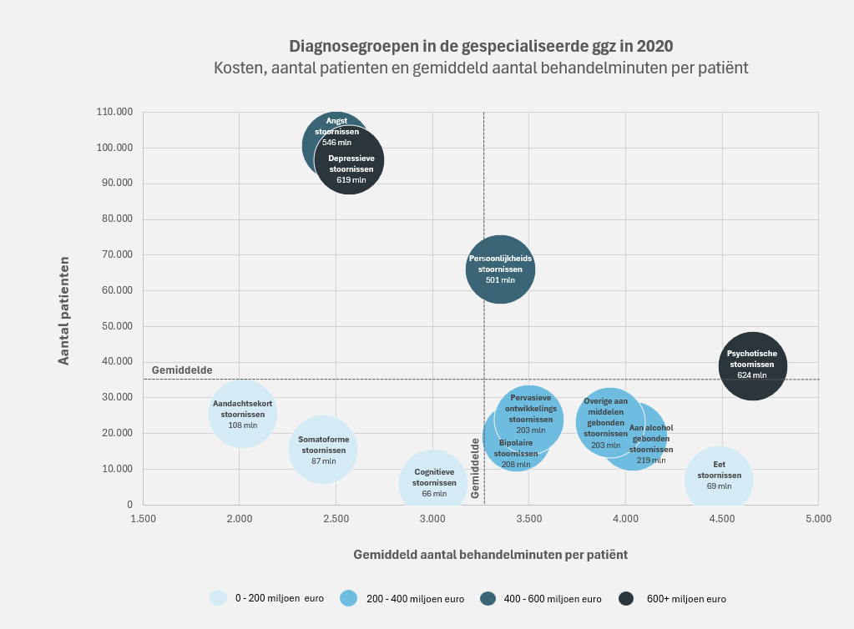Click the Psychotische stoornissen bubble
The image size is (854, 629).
pos(753,365)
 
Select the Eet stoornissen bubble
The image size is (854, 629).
pos(719,481)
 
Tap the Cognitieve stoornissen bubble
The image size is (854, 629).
pos(433,483)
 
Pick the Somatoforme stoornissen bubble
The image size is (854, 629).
pos(323,449)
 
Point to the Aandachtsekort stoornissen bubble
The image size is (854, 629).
pos(242,414)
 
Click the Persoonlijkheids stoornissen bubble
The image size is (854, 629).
pos(500,269)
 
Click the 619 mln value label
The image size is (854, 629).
pos(351,180)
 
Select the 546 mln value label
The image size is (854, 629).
pos(336,143)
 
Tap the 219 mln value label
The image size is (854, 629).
pos(651,460)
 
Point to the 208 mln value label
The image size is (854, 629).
pos(516,465)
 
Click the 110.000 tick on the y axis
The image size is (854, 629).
pos(115,112)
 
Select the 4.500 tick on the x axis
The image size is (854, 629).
pos(721,519)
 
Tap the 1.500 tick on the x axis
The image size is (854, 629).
pos(143,519)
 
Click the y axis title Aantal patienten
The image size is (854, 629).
pos(63,310)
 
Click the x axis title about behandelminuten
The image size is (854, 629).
pos(490,554)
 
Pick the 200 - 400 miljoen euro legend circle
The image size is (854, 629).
pos(349,598)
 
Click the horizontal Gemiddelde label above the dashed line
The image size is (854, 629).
pos(182,370)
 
